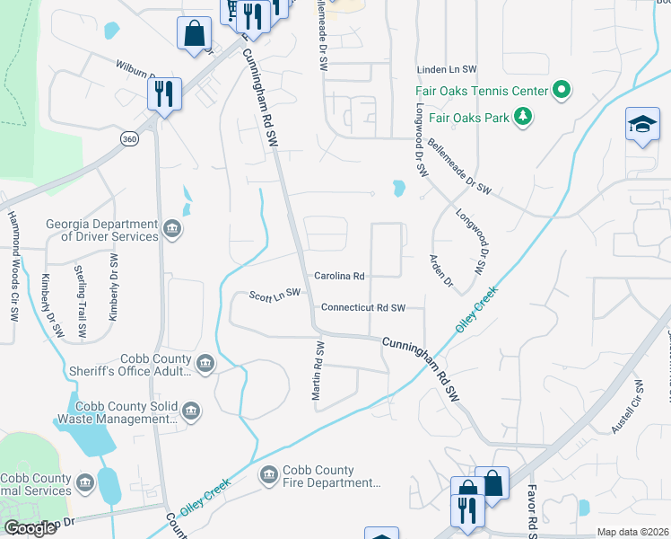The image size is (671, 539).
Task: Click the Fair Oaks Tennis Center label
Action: click(x=481, y=91)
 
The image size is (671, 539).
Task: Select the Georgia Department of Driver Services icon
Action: click(x=173, y=230)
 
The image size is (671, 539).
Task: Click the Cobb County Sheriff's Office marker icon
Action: click(x=205, y=364)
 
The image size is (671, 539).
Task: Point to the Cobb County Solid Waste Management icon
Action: click(x=190, y=412)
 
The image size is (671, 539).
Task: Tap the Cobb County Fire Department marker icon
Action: click(x=267, y=475)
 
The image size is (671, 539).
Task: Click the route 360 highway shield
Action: click(x=131, y=139)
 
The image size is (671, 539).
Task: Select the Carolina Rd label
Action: click(x=339, y=276)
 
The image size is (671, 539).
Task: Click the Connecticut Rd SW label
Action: click(x=363, y=307)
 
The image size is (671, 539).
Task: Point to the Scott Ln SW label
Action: click(x=274, y=296)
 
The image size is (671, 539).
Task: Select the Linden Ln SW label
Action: click(x=445, y=70)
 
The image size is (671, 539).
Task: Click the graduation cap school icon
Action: click(x=642, y=125)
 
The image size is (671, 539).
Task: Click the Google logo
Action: click(x=30, y=528)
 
